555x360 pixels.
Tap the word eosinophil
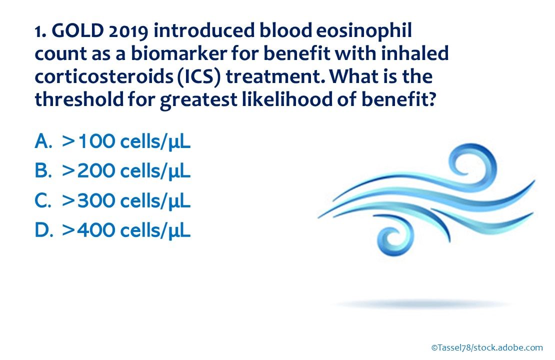tap(364, 31)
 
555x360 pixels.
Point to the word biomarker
tap(178, 53)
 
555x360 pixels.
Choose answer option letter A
tap(43, 141)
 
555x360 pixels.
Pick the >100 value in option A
tap(88, 141)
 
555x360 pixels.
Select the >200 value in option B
tap(88, 170)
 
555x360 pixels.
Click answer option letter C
tap(43, 200)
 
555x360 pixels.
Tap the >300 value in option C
tap(88, 200)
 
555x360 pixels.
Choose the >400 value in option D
tap(88, 230)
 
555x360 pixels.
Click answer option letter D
tap(43, 230)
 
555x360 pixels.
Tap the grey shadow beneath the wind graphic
tap(421, 304)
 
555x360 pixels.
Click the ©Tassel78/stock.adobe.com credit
tap(487, 347)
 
